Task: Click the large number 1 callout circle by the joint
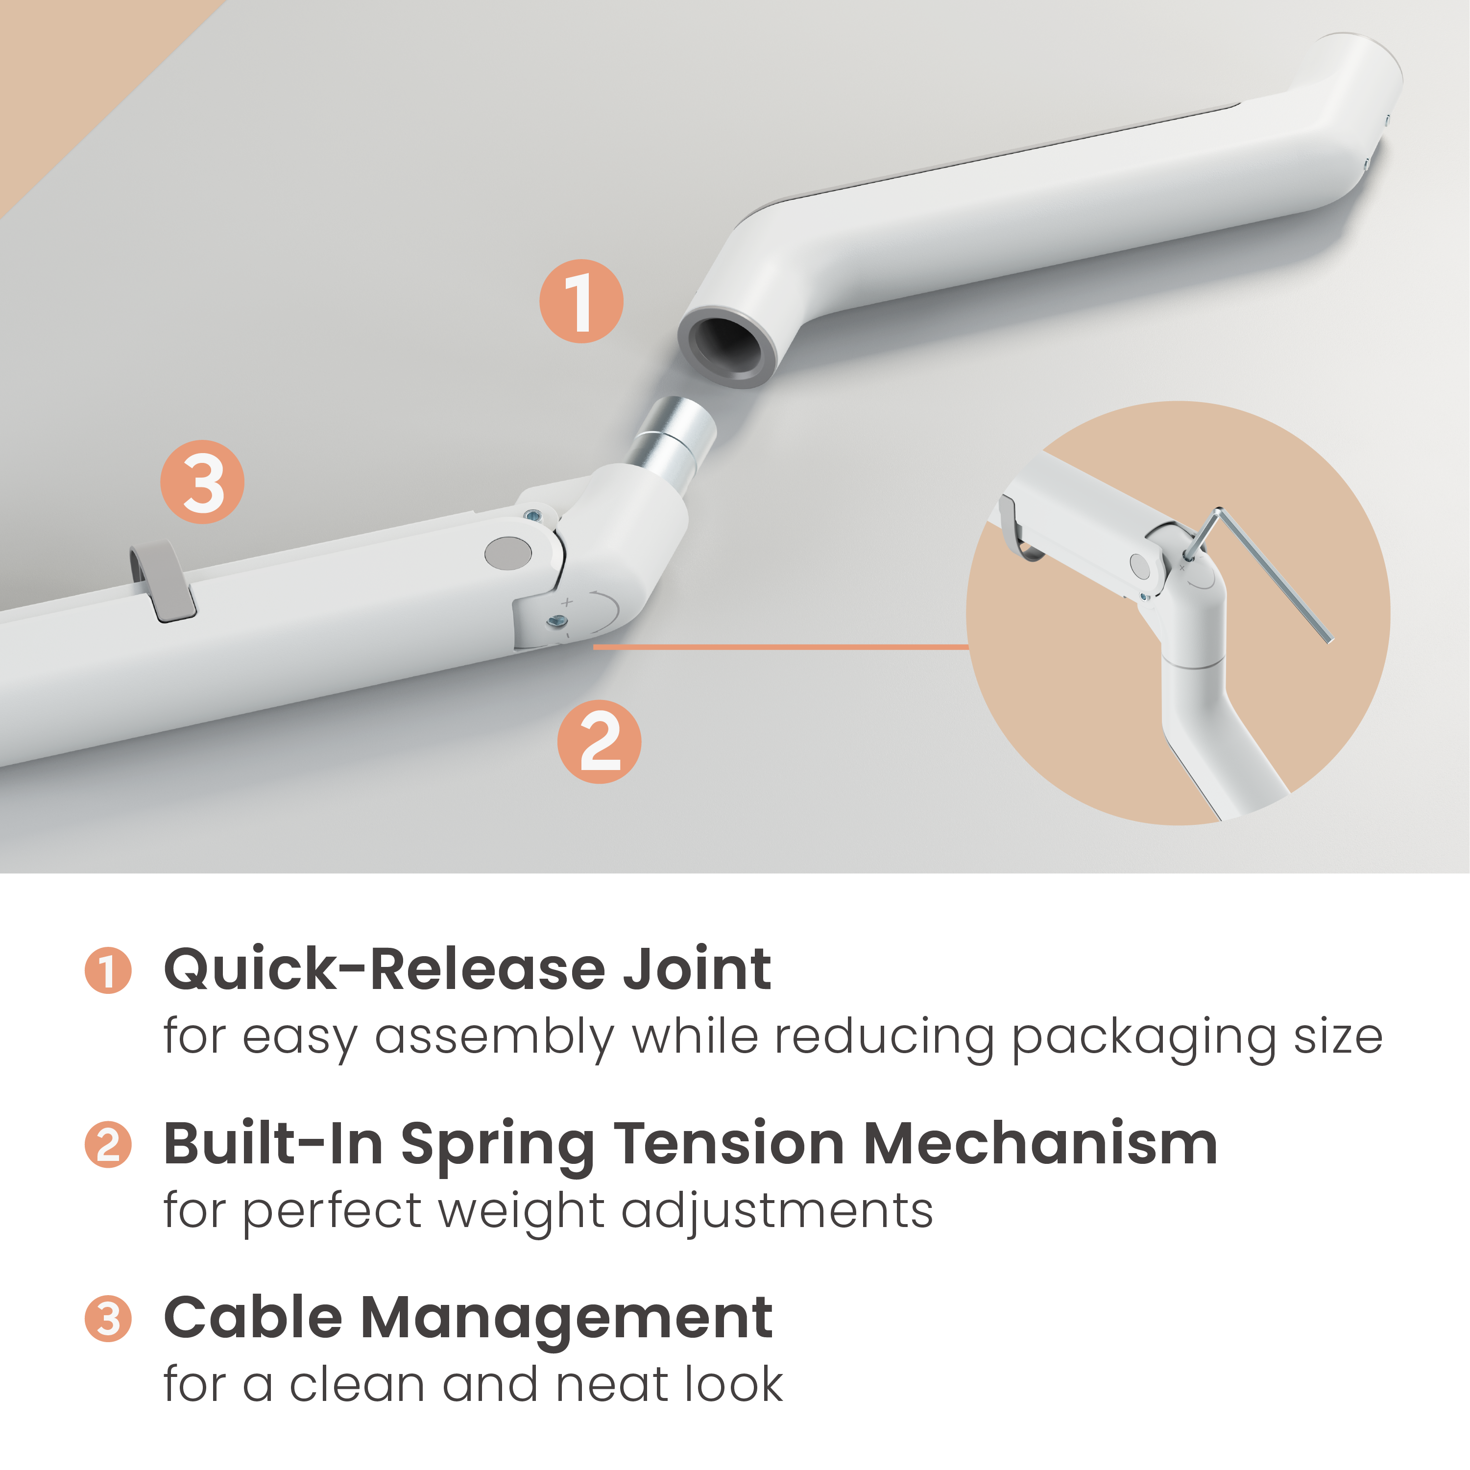point(581,301)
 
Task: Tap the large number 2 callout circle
point(600,742)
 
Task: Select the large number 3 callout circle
point(202,482)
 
